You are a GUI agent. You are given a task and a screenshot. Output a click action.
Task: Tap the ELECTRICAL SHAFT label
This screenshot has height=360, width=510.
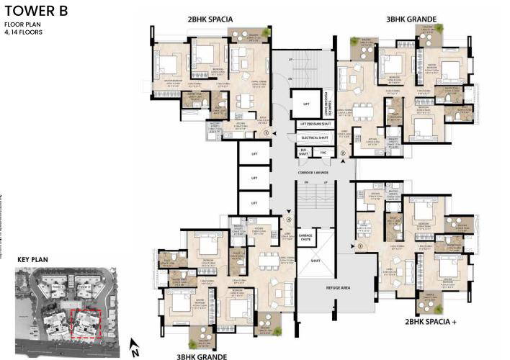315,137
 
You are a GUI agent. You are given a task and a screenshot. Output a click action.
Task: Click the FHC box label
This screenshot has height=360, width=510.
323,152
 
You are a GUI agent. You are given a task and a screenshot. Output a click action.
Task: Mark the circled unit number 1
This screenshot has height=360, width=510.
267,133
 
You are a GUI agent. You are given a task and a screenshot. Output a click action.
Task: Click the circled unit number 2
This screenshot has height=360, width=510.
343,153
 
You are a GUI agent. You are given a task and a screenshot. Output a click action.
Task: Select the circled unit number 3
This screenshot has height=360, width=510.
359,247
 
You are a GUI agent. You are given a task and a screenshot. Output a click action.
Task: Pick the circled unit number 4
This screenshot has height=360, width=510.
289,220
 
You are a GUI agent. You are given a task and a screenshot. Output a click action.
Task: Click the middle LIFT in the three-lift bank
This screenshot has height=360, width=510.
254,178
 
